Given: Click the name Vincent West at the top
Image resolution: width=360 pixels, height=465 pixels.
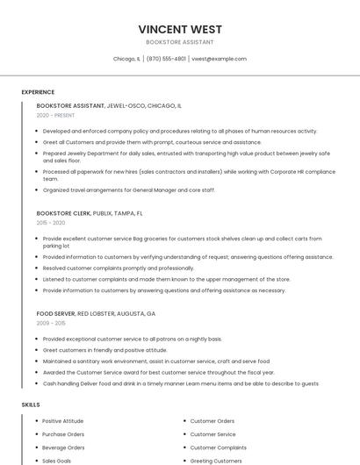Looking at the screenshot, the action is (x=179, y=28).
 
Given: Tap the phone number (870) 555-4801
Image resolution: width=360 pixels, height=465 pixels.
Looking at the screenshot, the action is (x=166, y=59).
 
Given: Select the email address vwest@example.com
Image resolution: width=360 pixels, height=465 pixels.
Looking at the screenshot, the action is (x=219, y=59).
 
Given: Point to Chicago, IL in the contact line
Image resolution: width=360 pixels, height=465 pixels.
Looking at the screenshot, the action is (x=126, y=59).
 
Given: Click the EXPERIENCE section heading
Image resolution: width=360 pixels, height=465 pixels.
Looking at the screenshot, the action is (x=38, y=92).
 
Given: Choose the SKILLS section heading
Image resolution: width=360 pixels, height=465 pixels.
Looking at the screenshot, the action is (x=31, y=404).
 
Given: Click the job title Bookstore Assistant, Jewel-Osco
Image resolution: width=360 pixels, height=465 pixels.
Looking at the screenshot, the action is (x=109, y=105).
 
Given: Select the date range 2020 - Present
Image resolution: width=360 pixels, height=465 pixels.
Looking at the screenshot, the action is (x=55, y=116).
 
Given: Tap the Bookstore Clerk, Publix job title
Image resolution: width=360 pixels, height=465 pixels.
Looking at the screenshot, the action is (x=90, y=213).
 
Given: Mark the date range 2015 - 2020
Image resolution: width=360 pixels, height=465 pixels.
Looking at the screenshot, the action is (x=51, y=224).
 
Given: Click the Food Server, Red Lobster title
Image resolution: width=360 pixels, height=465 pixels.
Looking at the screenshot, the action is (x=96, y=313).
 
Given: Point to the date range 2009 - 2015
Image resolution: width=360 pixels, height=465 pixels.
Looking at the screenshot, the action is (x=51, y=324).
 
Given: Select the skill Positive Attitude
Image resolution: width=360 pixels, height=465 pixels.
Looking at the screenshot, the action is (x=63, y=421).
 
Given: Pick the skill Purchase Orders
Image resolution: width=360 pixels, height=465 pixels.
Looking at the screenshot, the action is (x=63, y=434).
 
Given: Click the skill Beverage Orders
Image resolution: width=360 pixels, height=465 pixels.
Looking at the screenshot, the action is (x=63, y=447).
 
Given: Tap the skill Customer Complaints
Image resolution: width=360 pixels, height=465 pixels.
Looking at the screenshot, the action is (x=218, y=447).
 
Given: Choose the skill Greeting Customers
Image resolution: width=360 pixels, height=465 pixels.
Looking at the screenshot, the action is (x=216, y=461).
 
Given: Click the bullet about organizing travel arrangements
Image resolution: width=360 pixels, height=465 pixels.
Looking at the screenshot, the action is (x=128, y=190).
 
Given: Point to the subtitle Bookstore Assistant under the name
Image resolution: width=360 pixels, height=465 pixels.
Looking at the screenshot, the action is (x=179, y=42).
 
